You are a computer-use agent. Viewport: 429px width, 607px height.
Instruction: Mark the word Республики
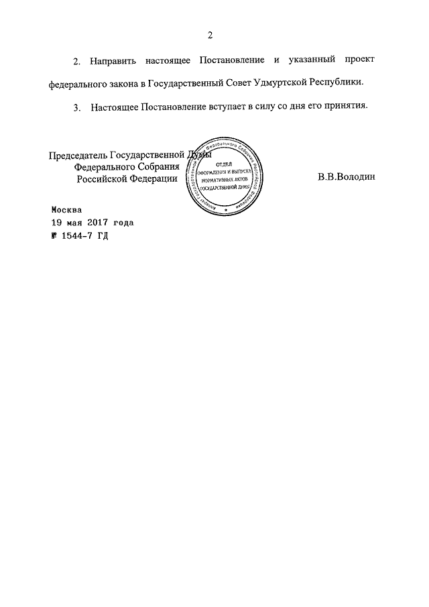342,84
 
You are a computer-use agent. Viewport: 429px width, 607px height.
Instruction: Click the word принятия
345,107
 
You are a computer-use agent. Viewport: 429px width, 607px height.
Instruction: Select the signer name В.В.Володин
347,178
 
